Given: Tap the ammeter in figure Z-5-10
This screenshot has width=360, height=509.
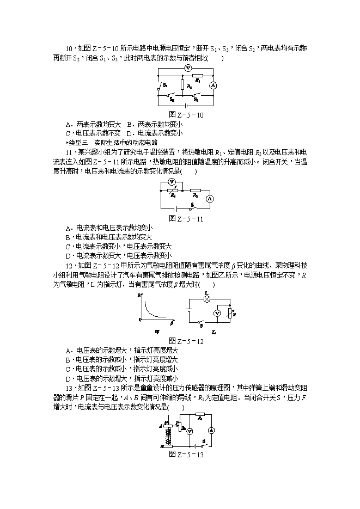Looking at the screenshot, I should tap(213, 85).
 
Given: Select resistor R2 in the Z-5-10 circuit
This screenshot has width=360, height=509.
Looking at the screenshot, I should tap(184, 85).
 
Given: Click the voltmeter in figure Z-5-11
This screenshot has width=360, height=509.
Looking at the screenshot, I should tap(172, 181).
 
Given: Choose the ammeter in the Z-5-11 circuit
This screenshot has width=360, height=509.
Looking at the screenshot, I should tap(208, 199).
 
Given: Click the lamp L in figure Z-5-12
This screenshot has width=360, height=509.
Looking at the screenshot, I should tap(207, 299).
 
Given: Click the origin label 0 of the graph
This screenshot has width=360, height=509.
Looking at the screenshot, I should tap(141, 320).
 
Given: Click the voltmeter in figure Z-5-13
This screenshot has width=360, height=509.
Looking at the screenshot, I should tap(189, 431).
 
